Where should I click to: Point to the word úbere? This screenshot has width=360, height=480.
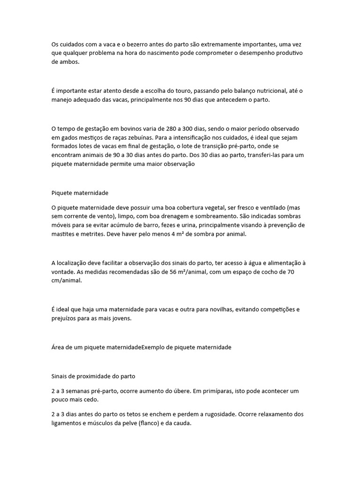172,390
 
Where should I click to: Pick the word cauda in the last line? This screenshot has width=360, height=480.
183,423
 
